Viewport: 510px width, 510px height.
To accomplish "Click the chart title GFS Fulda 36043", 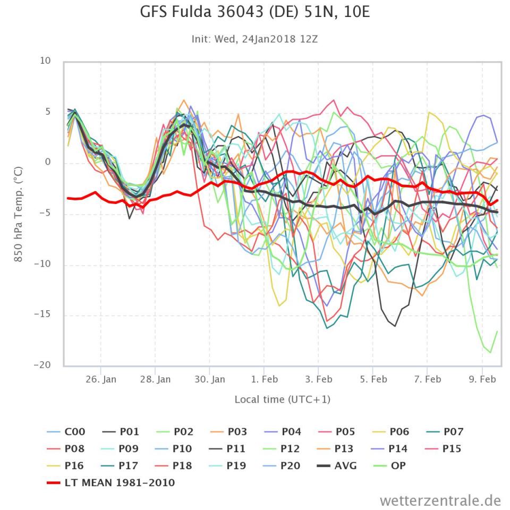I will coord(254,13).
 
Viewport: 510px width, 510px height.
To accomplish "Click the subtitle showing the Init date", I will coord(254,39).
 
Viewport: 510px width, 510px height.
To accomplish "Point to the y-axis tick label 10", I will coord(45,61).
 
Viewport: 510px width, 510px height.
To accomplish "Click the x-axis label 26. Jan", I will coord(101,380).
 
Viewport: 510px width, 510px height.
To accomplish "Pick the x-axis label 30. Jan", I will coord(210,380).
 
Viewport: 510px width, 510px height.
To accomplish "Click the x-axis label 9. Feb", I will coord(482,380).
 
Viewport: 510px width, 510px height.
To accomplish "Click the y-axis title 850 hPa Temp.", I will coord(18,213).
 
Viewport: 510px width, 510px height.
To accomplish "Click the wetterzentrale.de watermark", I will coord(440,500).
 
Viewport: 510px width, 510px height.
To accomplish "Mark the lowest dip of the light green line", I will coord(490,352).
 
